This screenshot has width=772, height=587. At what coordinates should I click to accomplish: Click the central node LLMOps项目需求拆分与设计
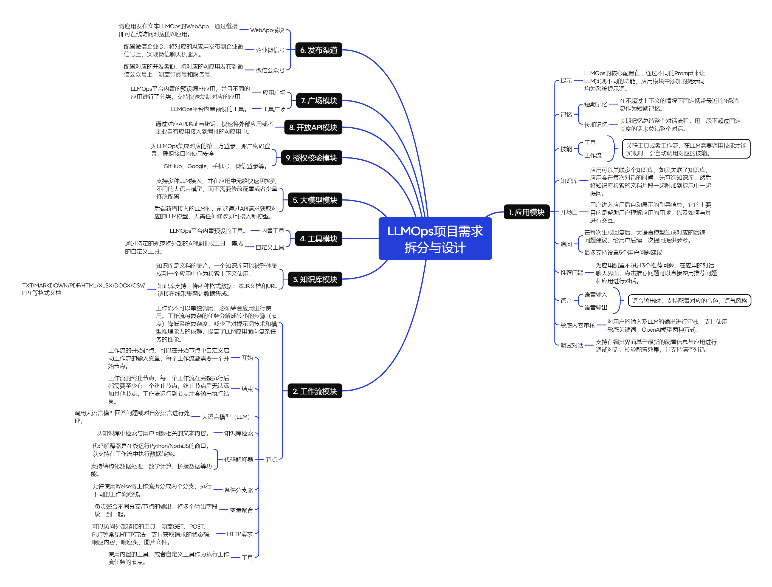click(435, 239)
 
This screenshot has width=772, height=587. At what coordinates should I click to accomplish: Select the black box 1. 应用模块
click(526, 212)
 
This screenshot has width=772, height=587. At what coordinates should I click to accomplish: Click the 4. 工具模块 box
click(319, 239)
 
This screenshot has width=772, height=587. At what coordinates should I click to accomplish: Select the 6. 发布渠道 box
click(319, 50)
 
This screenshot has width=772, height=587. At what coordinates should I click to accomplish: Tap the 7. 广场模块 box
click(319, 100)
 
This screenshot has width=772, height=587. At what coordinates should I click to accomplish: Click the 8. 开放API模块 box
click(313, 127)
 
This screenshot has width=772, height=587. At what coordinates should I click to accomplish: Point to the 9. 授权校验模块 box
click(311, 157)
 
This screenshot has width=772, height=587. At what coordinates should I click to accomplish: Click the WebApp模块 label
click(267, 30)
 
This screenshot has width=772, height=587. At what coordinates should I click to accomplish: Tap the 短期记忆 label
click(596, 104)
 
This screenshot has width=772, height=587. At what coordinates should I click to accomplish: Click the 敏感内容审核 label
click(577, 325)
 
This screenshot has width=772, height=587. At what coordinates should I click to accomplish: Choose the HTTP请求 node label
click(240, 534)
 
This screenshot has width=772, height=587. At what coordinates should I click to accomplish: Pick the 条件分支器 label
click(238, 490)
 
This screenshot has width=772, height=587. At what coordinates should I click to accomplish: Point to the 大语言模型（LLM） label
click(226, 417)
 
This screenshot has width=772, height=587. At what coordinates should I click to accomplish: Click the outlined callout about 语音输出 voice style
click(689, 300)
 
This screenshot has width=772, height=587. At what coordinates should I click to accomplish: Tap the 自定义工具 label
click(270, 247)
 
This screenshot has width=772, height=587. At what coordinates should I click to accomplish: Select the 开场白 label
click(569, 212)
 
